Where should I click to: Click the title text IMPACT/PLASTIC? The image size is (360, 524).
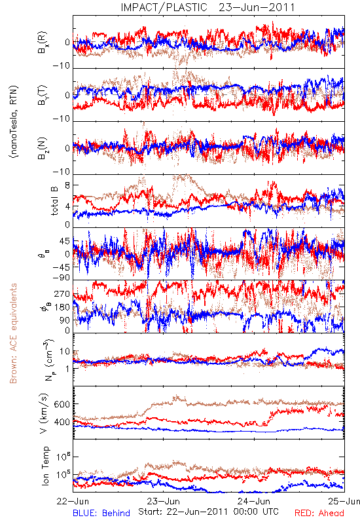pyautogui.click(x=164, y=7)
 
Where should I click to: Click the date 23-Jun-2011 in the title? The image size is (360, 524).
pyautogui.click(x=257, y=7)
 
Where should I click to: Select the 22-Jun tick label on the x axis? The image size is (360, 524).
pyautogui.click(x=73, y=501)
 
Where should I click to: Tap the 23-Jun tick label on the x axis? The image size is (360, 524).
pyautogui.click(x=163, y=501)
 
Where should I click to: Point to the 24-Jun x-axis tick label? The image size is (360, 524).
pyautogui.click(x=254, y=501)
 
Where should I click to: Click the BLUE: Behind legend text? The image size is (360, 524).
pyautogui.click(x=101, y=513)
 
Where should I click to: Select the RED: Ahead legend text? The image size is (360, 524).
pyautogui.click(x=319, y=513)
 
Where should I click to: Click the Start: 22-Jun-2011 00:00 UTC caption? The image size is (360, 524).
pyautogui.click(x=208, y=512)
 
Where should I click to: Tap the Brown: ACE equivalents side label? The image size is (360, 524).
pyautogui.click(x=13, y=333)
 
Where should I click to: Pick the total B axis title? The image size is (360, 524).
pyautogui.click(x=54, y=200)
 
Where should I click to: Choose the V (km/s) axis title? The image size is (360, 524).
pyautogui.click(x=44, y=413)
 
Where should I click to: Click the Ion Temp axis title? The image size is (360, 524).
pyautogui.click(x=45, y=466)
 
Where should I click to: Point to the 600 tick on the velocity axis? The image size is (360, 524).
pyautogui.click(x=62, y=404)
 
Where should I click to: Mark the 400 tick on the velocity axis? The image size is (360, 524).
pyautogui.click(x=62, y=422)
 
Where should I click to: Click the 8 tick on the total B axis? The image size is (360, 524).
pyautogui.click(x=67, y=186)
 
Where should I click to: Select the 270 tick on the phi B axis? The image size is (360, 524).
pyautogui.click(x=62, y=293)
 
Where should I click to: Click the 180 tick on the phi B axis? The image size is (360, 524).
pyautogui.click(x=62, y=307)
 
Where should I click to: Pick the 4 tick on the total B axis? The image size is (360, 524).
pyautogui.click(x=67, y=206)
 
